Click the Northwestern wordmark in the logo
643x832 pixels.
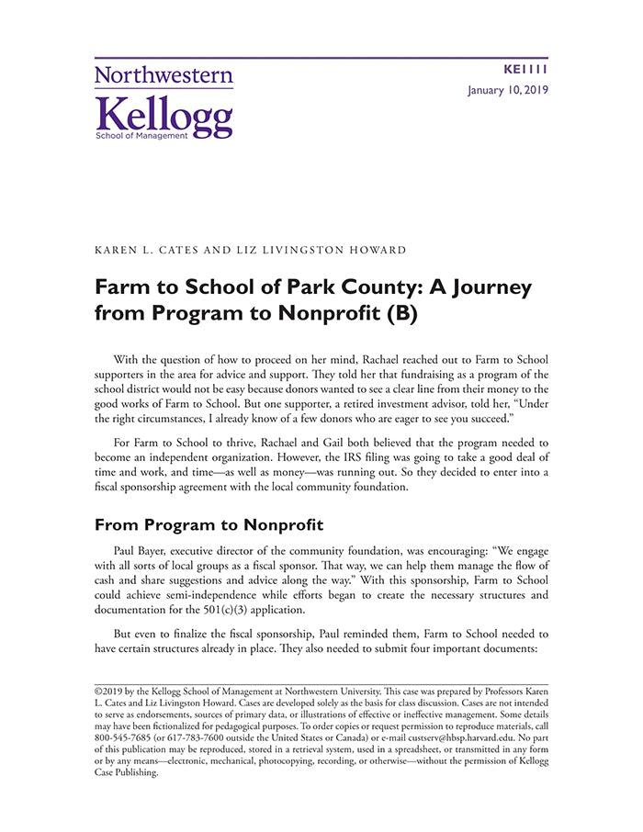coord(164,76)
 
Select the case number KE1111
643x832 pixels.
coord(526,70)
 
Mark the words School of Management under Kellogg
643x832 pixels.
coord(141,135)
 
